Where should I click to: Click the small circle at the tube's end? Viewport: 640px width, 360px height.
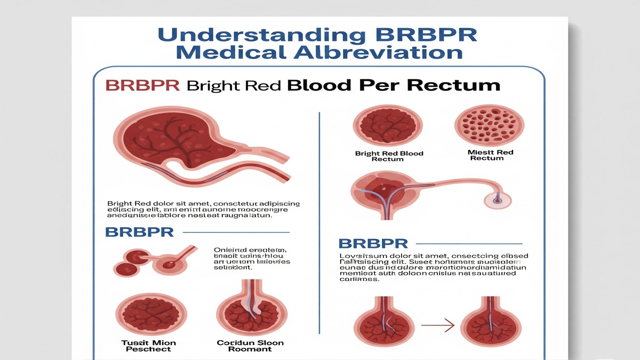point(497,199)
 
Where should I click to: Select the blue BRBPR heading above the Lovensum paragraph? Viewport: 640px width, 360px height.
point(373,244)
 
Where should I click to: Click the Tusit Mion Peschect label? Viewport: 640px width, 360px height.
point(148,346)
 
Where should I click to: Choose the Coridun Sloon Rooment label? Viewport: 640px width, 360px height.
point(250,346)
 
